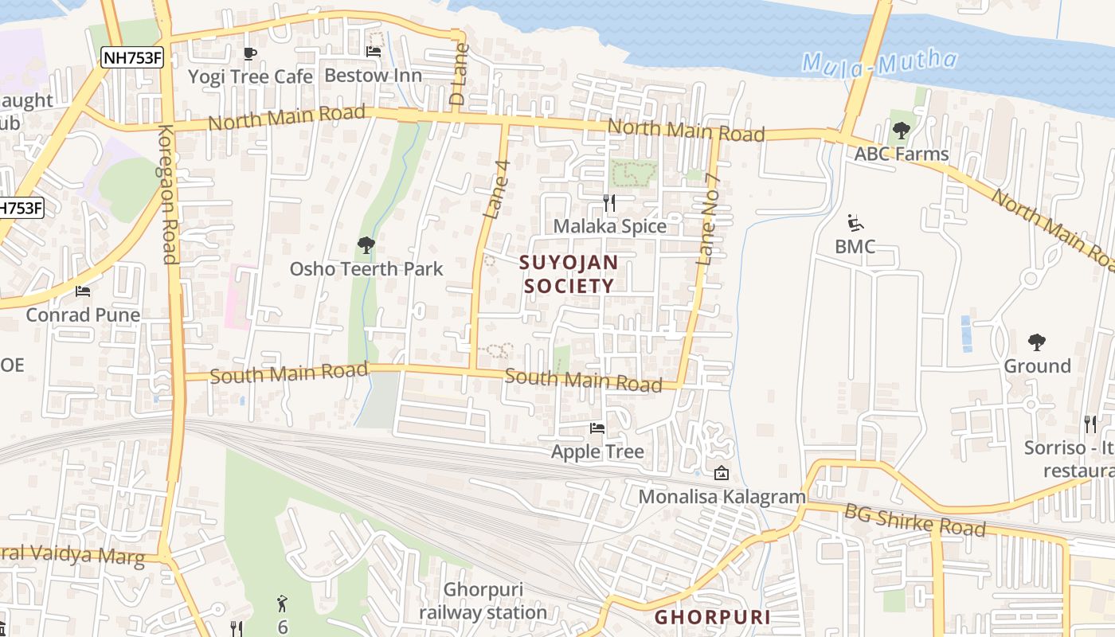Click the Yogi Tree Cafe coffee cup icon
pos(249,53)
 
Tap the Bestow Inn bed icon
pos(373,52)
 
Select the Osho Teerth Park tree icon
pos(366,244)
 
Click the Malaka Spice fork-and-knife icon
pos(609,203)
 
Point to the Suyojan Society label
pos(569,273)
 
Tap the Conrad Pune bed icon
pos(82,291)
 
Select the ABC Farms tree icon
pos(902,130)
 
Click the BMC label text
pos(855,247)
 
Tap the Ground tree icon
pos(1037,342)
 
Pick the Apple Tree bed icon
pos(597,428)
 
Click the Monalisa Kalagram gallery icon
pos(722,473)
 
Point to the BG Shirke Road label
pos(916,522)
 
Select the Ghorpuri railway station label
pos(483,601)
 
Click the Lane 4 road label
pos(496,190)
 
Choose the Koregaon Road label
pos(167,194)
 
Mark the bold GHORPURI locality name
pos(712,617)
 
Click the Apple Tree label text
pos(597,452)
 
